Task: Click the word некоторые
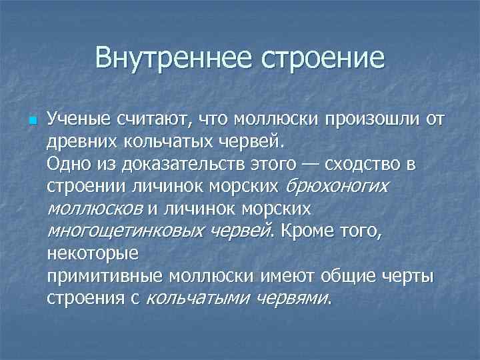click(93, 253)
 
